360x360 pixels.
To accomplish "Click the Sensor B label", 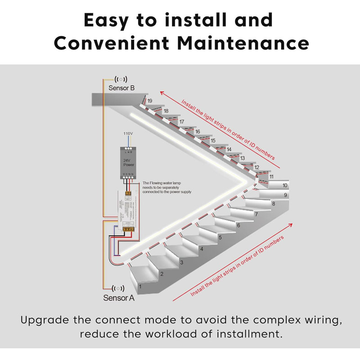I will (121, 88).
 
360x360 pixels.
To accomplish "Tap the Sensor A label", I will (119, 297).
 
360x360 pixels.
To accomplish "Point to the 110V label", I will (129, 134).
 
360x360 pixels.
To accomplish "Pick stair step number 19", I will (149, 101).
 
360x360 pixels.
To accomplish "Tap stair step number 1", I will (140, 286).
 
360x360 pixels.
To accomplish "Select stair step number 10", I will (284, 185).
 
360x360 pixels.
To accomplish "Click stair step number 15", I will (213, 141).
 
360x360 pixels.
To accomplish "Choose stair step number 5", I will (220, 237).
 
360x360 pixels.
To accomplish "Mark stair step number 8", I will (273, 204).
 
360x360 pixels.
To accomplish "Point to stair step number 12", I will (256, 167).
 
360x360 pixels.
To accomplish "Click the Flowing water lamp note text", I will (167, 187).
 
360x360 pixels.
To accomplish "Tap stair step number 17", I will (182, 122).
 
